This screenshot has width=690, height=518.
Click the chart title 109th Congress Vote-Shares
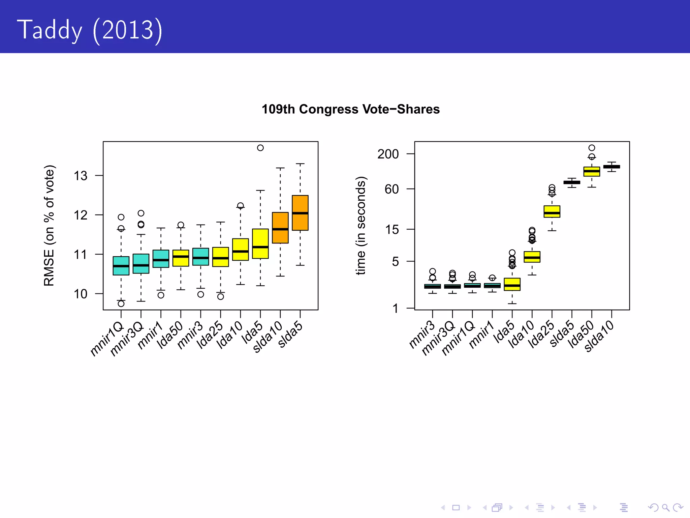tap(350, 109)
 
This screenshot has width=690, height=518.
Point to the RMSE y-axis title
tap(49, 225)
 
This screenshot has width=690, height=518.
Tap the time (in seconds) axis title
tap(360, 225)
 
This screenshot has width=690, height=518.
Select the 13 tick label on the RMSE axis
tap(81, 176)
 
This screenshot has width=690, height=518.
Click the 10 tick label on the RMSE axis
tap(81, 294)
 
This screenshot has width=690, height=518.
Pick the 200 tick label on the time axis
tap(388, 154)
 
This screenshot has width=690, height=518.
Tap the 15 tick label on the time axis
tap(392, 230)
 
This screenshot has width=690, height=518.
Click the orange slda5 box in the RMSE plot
tap(300, 213)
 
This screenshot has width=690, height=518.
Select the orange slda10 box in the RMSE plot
tap(280, 228)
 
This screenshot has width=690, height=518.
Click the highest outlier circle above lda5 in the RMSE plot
tap(260, 148)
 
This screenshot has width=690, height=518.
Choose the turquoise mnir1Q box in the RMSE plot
tap(121, 266)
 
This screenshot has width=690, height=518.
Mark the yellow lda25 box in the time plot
tap(552, 211)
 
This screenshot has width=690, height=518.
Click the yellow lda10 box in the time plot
tap(532, 257)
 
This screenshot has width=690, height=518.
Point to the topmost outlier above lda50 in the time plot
tap(592, 148)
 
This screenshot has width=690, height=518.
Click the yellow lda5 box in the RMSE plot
tap(260, 243)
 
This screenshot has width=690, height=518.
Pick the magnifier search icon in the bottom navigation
tap(665, 508)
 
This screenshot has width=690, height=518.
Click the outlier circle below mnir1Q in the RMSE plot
tap(121, 304)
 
